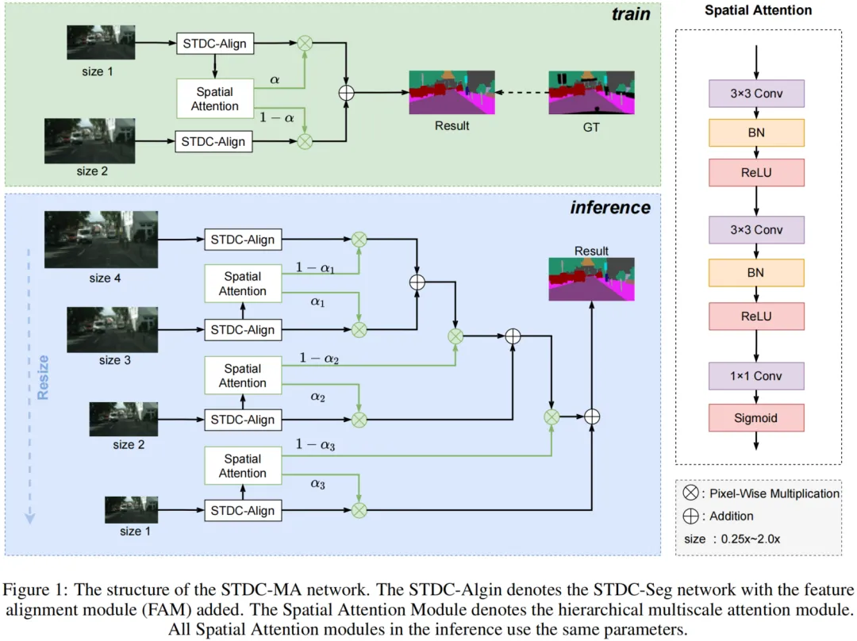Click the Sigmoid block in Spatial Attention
[756, 417]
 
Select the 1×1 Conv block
[756, 376]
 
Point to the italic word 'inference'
[609, 208]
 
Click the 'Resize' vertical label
[43, 377]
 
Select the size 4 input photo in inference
[101, 240]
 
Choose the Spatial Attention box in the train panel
[214, 98]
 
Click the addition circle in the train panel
[346, 92]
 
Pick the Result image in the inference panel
[591, 280]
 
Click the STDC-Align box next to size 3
[243, 329]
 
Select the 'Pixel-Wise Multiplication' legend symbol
[690, 493]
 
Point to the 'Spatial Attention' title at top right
[759, 10]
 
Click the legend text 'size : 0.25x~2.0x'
[732, 539]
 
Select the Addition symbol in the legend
[690, 516]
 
